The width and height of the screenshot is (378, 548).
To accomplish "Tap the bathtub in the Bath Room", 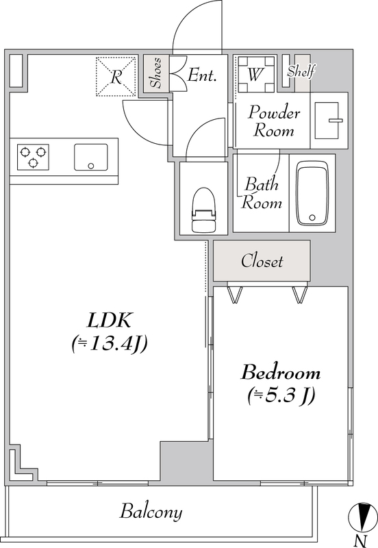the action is [x=312, y=193].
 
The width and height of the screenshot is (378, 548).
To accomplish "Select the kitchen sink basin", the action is [x=91, y=158].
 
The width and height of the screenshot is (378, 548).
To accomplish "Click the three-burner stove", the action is [x=33, y=157].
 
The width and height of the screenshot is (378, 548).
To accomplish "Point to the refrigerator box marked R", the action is [x=116, y=76].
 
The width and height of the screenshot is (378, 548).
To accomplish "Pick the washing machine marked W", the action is [x=256, y=74].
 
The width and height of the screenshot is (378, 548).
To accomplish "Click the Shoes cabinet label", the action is [x=156, y=73].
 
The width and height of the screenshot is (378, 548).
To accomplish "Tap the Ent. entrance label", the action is [x=202, y=75].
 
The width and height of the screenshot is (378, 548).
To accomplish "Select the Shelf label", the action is [x=301, y=71].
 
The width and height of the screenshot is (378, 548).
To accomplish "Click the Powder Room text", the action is [x=274, y=121].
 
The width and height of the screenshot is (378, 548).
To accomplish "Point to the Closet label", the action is [x=262, y=261].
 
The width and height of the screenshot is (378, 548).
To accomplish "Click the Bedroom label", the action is [x=281, y=373].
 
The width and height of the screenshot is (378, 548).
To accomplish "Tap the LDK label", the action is [x=109, y=320].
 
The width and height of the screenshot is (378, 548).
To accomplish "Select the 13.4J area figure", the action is [x=110, y=344].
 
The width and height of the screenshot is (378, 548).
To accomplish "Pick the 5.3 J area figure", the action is [x=281, y=396].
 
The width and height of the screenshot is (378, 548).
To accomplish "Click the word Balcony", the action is [x=151, y=512].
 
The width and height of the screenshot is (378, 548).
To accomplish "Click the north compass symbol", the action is [x=363, y=517].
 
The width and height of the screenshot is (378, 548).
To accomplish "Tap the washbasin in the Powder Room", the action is [x=327, y=121].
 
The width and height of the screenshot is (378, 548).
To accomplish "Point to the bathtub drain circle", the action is [x=312, y=217].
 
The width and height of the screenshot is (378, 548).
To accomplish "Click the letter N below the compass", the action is [x=360, y=541].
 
